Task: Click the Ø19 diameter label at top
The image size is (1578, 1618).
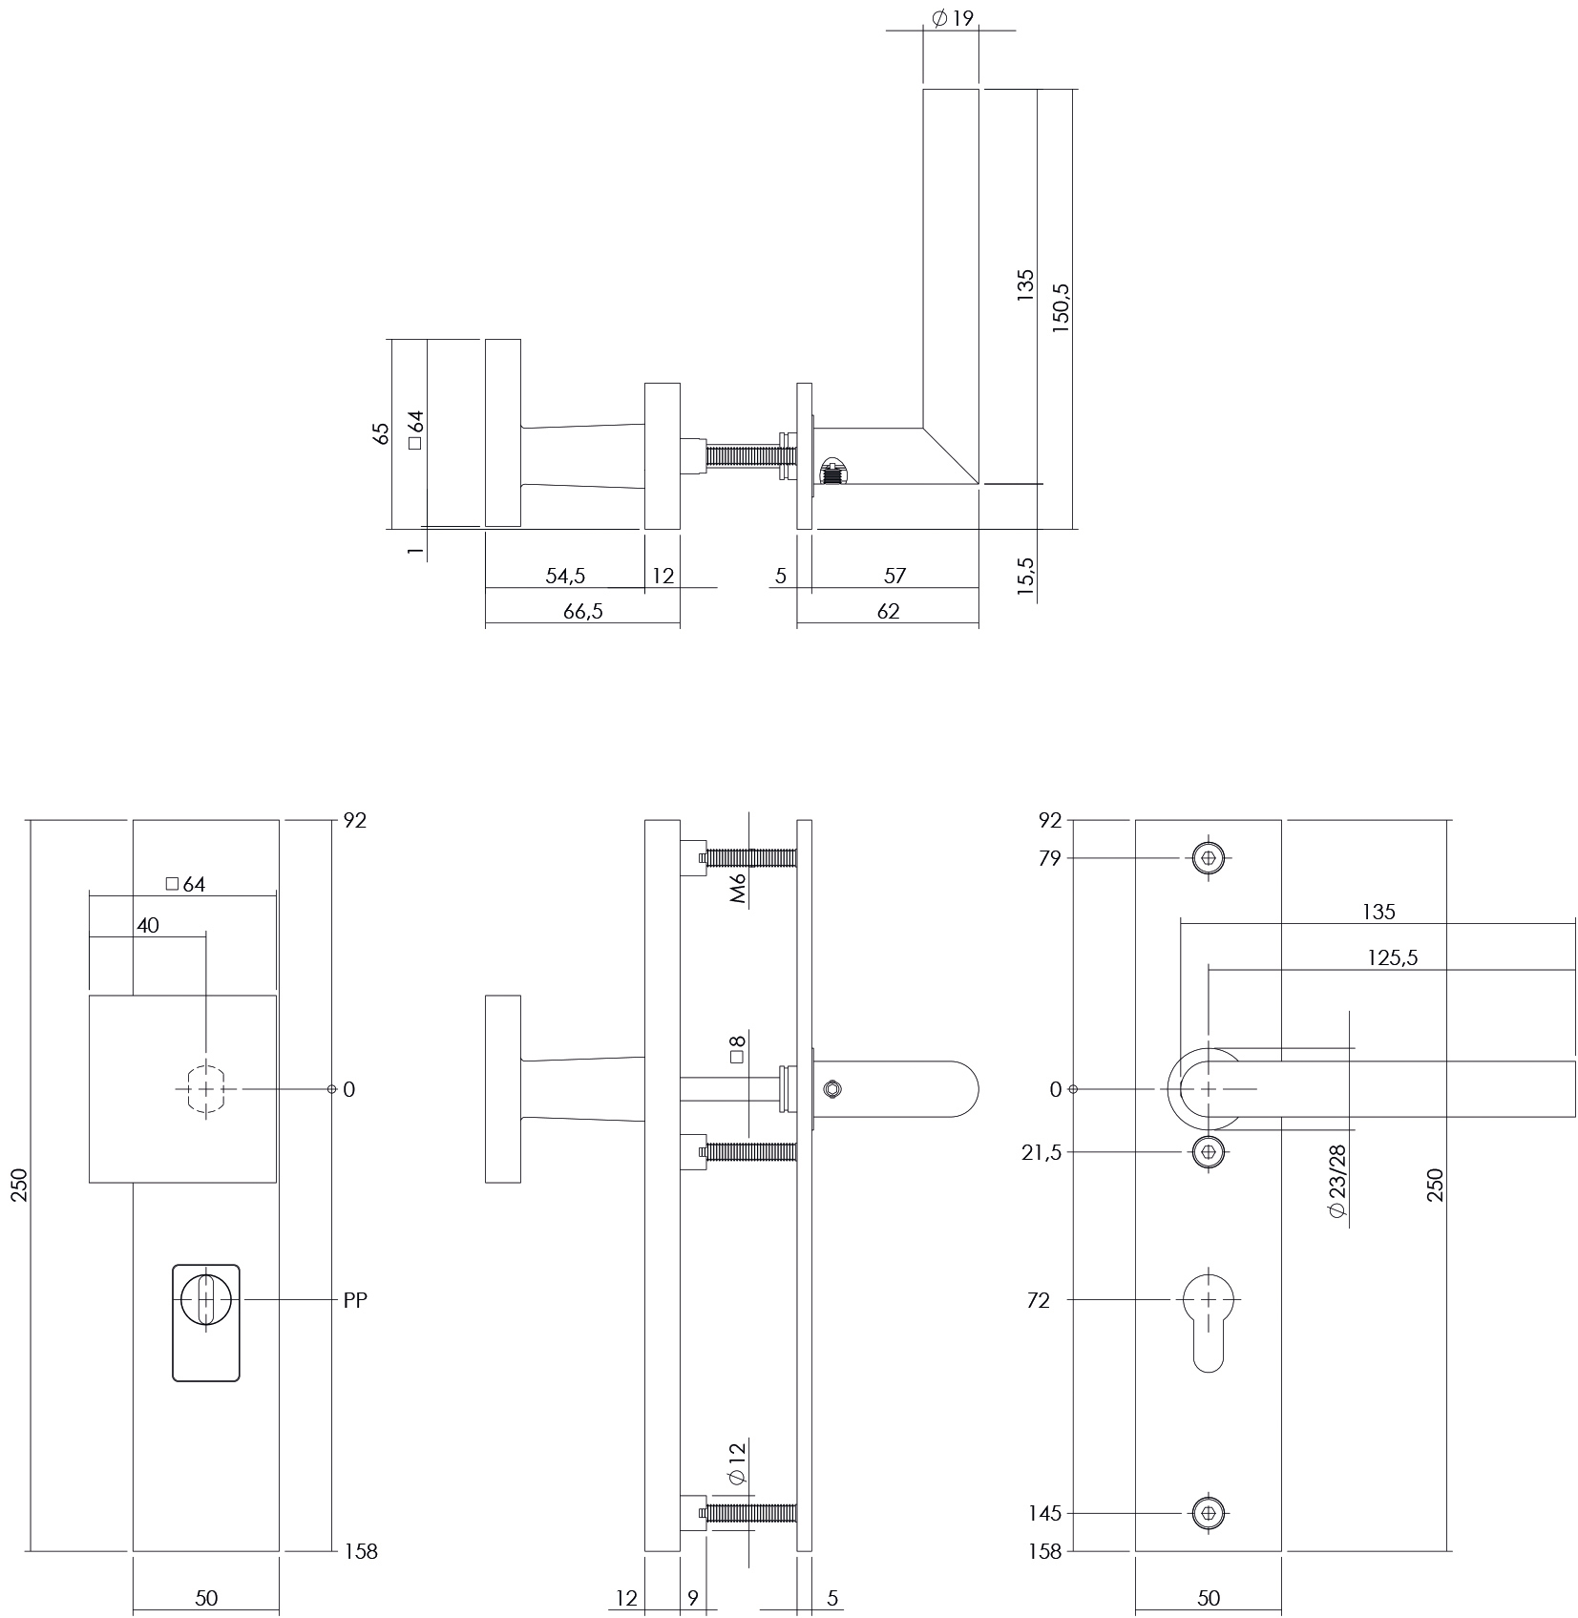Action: tap(951, 17)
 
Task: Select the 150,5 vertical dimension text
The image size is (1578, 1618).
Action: tap(1061, 306)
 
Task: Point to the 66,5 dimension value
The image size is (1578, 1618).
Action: tap(582, 611)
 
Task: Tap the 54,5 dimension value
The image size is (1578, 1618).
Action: tap(564, 576)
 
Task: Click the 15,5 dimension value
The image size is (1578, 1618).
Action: tap(1026, 577)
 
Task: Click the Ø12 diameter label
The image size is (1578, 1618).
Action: tap(735, 1488)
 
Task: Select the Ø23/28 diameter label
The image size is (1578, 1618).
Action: tap(1336, 1182)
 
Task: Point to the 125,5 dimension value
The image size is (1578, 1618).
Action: tap(1392, 957)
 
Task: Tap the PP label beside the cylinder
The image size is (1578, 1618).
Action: tap(355, 1300)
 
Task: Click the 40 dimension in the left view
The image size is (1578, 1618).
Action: tap(147, 925)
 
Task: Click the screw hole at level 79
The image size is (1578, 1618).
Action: tap(1209, 858)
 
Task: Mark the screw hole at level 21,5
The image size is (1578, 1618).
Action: tap(1209, 1152)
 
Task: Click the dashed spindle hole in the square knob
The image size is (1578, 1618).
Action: tap(205, 1089)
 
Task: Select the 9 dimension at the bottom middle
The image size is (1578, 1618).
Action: tap(692, 1598)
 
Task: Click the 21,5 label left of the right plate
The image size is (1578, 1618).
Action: tap(1041, 1152)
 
